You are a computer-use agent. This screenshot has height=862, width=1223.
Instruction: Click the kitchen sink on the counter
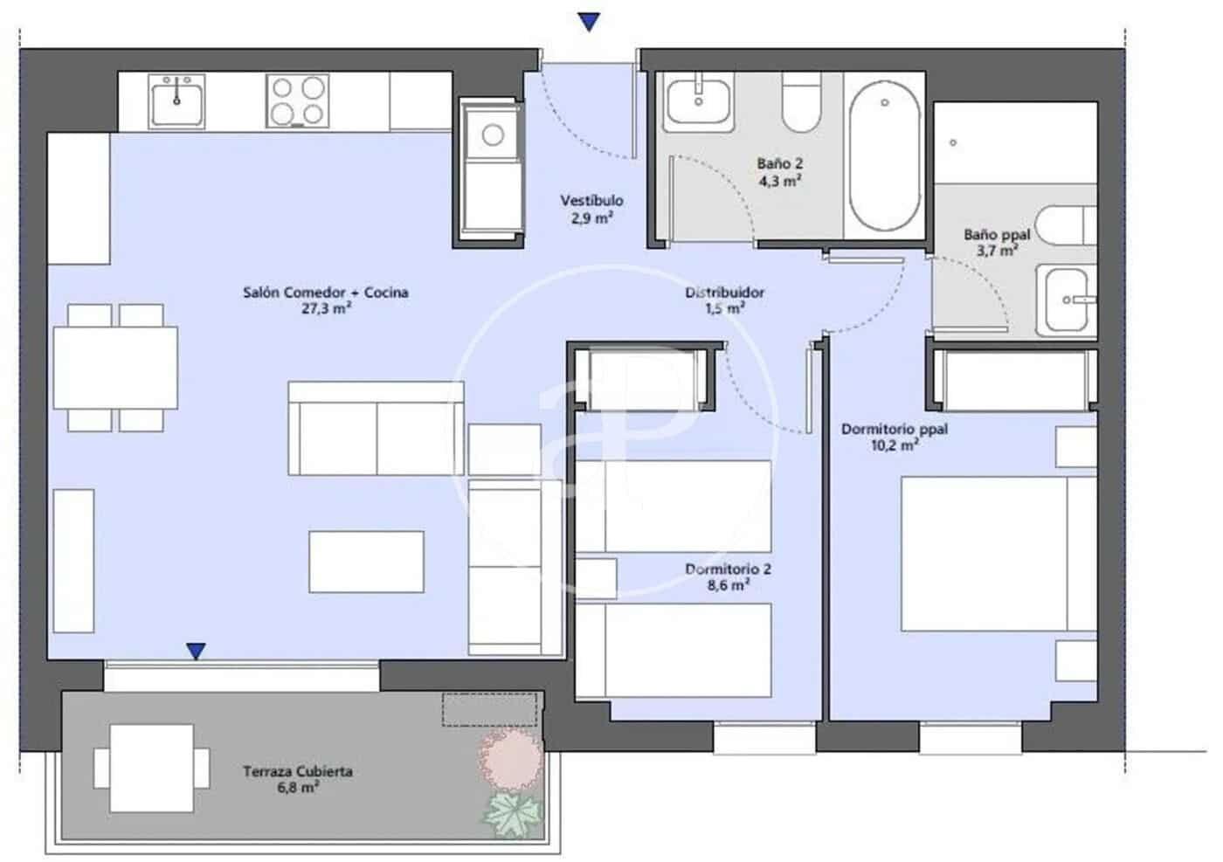(176, 100)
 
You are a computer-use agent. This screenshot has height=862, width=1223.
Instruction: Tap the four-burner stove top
(298, 101)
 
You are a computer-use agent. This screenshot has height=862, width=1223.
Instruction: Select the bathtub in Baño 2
(884, 156)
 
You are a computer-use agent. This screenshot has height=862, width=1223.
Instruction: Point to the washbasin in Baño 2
(700, 100)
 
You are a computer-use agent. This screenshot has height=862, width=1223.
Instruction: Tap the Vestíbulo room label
(591, 201)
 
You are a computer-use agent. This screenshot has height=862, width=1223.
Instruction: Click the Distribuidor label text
(724, 293)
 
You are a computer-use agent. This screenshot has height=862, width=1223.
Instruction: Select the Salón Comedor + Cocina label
(325, 293)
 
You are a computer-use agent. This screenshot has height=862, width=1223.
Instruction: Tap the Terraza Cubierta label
(298, 771)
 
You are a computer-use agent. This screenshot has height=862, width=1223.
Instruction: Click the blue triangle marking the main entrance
(590, 22)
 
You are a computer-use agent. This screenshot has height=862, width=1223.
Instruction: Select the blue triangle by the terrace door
(197, 651)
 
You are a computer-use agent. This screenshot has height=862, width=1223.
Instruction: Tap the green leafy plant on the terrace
(513, 811)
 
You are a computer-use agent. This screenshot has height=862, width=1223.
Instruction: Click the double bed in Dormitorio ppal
(998, 553)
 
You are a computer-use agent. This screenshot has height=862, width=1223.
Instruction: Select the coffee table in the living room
(366, 562)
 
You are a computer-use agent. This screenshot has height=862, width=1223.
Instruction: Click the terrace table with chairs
(151, 768)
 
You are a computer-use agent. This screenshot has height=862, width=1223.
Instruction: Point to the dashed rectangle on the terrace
(488, 709)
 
